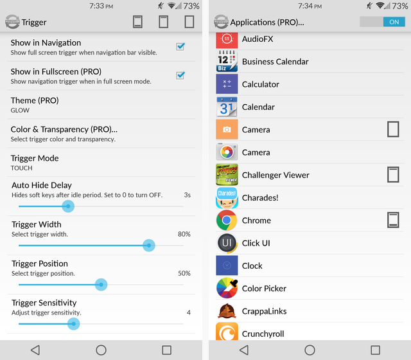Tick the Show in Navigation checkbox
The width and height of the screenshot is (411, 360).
[180, 47]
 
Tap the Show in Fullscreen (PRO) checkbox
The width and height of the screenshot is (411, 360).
[180, 76]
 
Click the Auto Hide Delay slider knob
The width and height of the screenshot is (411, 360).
[68, 206]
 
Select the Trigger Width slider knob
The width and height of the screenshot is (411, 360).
[149, 246]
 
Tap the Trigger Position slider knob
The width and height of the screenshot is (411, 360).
[100, 285]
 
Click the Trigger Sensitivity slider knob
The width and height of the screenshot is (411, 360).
[73, 324]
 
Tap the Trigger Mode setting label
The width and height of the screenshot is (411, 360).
[35, 158]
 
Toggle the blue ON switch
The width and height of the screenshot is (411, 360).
[383, 22]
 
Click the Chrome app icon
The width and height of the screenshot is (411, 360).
[227, 221]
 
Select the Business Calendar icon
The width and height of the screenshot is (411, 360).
[227, 62]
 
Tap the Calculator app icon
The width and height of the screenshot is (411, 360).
[227, 84]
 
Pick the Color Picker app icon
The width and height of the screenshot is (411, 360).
[227, 289]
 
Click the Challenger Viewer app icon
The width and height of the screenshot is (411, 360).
[227, 175]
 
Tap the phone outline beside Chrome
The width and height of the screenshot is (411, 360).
[393, 221]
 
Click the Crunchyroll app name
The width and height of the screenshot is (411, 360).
[263, 334]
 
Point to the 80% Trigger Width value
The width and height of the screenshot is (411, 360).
[184, 234]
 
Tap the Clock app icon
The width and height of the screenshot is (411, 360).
[227, 265]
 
